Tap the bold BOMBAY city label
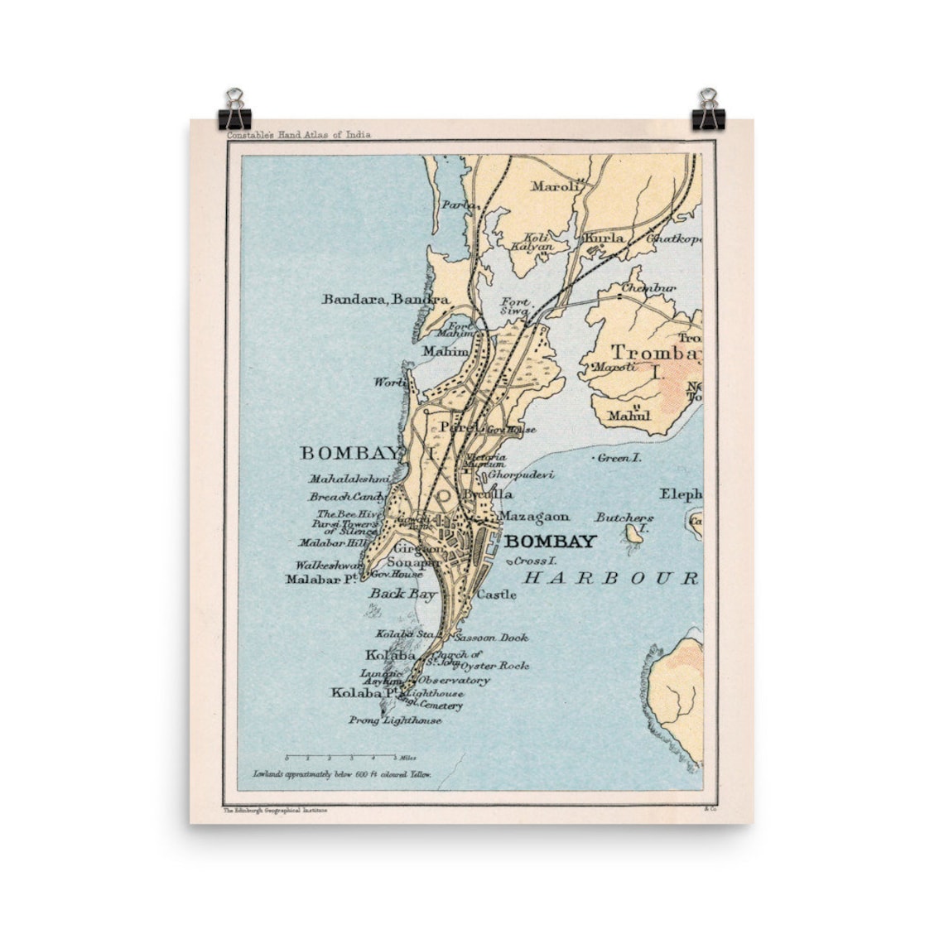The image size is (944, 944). [x=550, y=542]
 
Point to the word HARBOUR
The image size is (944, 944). [x=612, y=578]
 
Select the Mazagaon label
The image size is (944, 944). [x=534, y=516]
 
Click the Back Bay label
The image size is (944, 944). [x=402, y=593]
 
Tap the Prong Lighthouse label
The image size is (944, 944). [x=394, y=720]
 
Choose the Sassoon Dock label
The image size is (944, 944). [x=492, y=638]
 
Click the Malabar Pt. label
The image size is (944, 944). [x=320, y=580]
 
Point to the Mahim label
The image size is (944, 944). [x=445, y=351]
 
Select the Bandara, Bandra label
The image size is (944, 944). [x=385, y=299]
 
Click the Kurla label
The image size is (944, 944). [x=604, y=238]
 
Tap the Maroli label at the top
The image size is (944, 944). [x=555, y=186]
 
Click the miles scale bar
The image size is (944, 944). [x=341, y=757]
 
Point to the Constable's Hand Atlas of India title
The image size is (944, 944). [x=299, y=134]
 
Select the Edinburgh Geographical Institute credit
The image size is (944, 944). [x=276, y=811]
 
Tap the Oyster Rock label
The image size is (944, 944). [x=495, y=665]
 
